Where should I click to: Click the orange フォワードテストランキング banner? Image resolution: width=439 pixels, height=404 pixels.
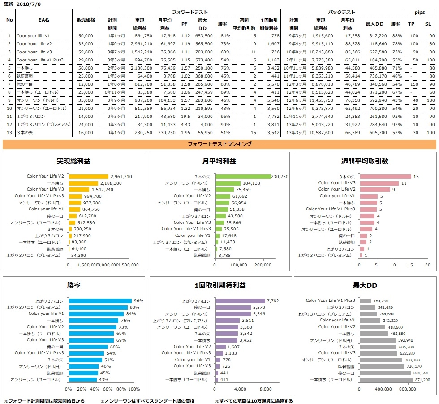[x=219, y=144]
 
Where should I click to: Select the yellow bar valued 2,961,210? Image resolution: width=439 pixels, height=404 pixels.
[x=88, y=177]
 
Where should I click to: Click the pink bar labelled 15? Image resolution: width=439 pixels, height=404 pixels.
[x=385, y=177]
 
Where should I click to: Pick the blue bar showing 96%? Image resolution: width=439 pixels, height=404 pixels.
[x=100, y=301]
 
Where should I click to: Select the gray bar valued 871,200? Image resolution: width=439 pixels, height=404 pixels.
[x=386, y=379]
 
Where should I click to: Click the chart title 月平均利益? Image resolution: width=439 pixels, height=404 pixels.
[x=219, y=161]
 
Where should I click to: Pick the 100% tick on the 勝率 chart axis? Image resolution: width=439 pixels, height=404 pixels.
[x=134, y=389]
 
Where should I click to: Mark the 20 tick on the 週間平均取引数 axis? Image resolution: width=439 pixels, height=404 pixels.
[x=427, y=265]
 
